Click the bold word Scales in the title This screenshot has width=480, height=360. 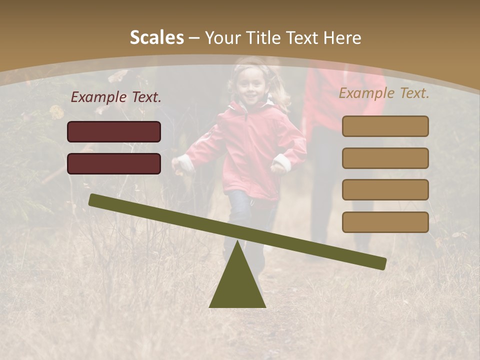[x=156, y=37]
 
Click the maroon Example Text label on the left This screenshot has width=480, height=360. [x=116, y=97]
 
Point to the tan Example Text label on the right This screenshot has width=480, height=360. [x=384, y=93]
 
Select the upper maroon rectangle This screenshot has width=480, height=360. [x=114, y=131]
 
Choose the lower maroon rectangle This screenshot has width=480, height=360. [x=114, y=163]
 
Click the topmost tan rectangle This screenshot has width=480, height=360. [x=385, y=126]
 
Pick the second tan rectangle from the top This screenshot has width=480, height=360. [x=385, y=158]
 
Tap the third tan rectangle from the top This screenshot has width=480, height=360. [x=385, y=189]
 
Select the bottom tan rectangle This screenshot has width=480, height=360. [x=385, y=222]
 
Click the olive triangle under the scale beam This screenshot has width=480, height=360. [x=237, y=285]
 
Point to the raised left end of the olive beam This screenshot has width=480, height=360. [x=95, y=200]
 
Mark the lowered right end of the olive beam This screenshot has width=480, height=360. [x=380, y=263]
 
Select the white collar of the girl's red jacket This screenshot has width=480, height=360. [x=250, y=106]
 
